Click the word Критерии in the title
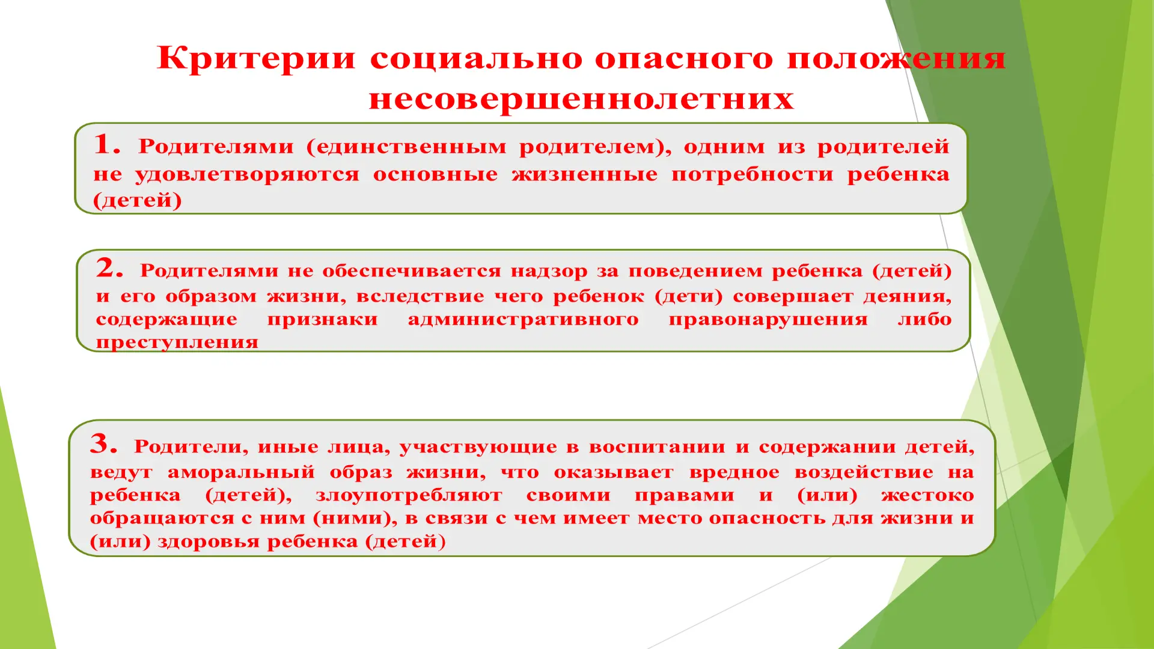[x=256, y=59]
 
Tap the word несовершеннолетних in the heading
[x=581, y=99]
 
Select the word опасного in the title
[x=684, y=59]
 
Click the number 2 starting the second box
[x=109, y=268]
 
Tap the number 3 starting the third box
[x=103, y=444]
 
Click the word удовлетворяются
[x=247, y=175]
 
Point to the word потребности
[x=753, y=174]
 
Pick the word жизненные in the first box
[x=585, y=174]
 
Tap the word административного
[x=523, y=319]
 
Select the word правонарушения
[x=768, y=320]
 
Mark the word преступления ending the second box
[x=177, y=343]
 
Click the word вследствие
[x=420, y=296]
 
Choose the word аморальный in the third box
[x=241, y=472]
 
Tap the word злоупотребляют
[x=409, y=495]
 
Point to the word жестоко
[x=927, y=495]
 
